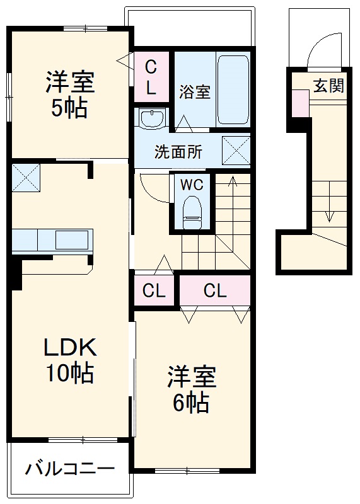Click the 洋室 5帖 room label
[69, 94]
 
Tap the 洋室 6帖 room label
[191, 389]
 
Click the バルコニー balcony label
[70, 469]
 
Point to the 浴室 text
[194, 92]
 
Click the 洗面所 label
[178, 152]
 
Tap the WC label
[192, 185]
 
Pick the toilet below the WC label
[191, 211]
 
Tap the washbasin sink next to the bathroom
[151, 118]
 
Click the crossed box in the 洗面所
[236, 151]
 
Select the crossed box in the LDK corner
[26, 177]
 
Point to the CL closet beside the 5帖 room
[151, 76]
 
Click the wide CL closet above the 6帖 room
[215, 291]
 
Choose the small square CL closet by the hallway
[154, 291]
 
